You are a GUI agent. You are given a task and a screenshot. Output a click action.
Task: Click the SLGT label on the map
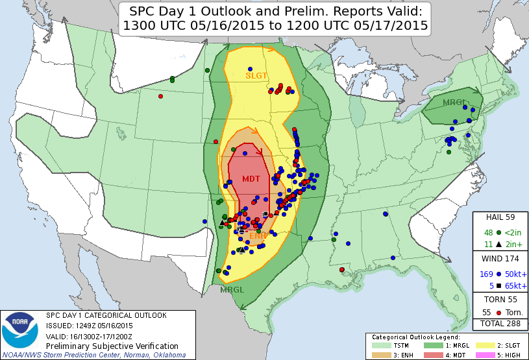[256, 75]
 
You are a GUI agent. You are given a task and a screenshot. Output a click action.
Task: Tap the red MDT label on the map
[251, 179]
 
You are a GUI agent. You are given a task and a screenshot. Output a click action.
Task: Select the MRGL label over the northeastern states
[453, 102]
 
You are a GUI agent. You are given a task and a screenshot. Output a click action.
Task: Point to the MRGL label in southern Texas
[231, 289]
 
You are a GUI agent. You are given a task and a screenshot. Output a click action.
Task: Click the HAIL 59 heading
[500, 217]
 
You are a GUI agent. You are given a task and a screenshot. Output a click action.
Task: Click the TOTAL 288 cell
[500, 322]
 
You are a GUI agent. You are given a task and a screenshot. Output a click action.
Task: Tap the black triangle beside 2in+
[498, 244]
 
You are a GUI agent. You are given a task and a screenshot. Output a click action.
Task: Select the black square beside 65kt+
[498, 285]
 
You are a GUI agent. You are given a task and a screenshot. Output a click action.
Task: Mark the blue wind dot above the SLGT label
[249, 69]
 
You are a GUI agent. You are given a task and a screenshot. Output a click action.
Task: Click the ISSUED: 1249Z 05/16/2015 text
[89, 326]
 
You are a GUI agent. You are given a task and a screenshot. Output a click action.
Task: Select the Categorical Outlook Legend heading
[415, 337]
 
